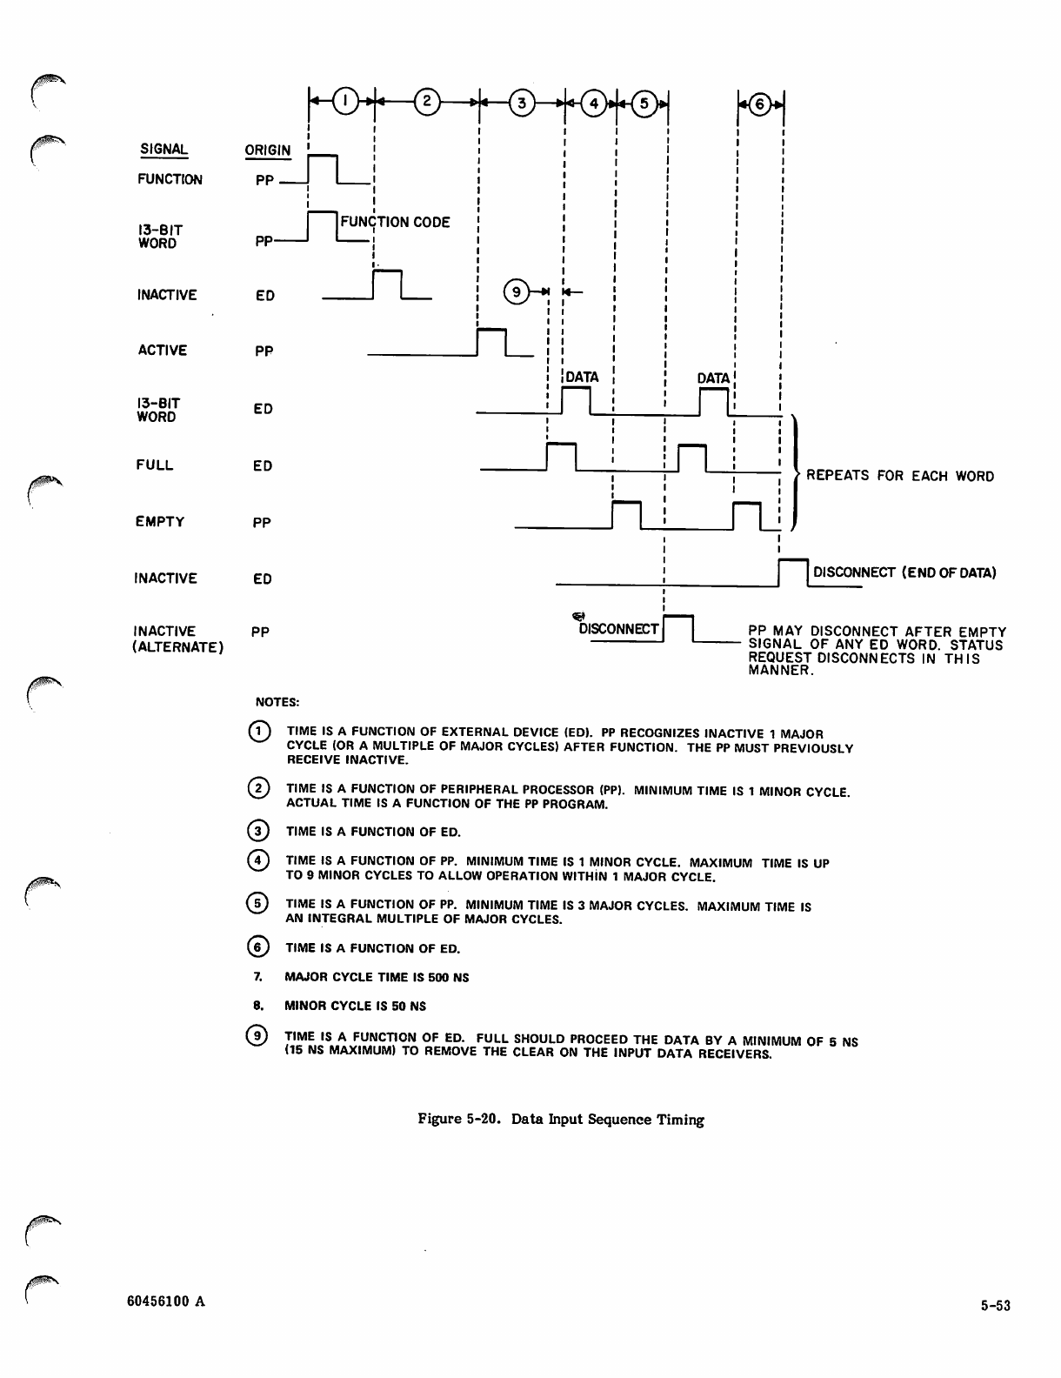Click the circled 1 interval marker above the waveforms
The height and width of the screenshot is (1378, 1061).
(x=345, y=101)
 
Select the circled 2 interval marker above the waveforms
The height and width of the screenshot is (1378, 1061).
(x=426, y=101)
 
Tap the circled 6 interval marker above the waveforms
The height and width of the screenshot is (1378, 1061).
(x=760, y=104)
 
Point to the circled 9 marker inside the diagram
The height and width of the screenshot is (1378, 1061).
(x=517, y=292)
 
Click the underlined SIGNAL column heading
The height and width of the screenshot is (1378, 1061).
(x=164, y=149)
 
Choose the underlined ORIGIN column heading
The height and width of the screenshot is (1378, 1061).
(x=268, y=151)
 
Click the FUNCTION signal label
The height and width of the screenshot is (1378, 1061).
(x=170, y=179)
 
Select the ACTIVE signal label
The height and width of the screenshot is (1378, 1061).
(x=162, y=351)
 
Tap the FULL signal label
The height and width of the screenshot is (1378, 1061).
(x=155, y=465)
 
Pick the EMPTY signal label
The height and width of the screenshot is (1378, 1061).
(x=160, y=522)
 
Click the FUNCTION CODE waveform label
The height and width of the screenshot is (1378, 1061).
(x=396, y=222)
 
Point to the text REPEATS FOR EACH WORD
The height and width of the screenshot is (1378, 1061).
(x=900, y=476)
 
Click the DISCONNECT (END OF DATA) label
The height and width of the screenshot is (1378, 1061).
(x=904, y=572)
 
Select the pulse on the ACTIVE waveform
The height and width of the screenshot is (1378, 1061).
(x=492, y=342)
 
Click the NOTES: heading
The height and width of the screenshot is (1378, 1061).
(x=277, y=701)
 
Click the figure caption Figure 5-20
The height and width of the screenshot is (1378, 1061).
(x=561, y=1120)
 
